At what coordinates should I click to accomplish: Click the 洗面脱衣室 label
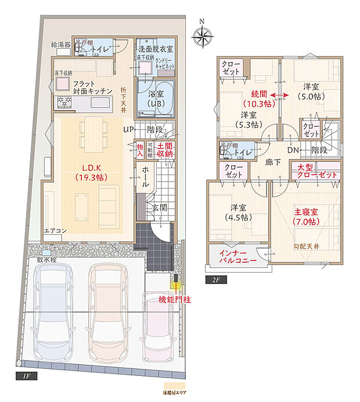click(x=155, y=50)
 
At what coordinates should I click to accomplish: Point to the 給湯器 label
click(x=60, y=45)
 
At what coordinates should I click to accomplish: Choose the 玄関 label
click(x=160, y=207)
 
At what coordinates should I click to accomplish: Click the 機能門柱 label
click(x=174, y=299)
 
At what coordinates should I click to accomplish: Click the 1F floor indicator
click(x=28, y=376)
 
